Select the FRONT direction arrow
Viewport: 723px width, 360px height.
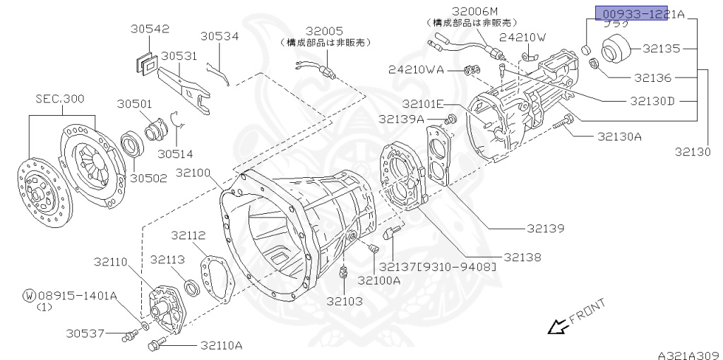coord(558,326)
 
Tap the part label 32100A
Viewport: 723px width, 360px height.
coord(378,280)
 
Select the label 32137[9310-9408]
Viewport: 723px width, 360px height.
coord(437,267)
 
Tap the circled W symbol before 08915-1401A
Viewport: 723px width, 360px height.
coord(29,295)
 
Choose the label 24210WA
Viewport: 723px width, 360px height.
coord(416,69)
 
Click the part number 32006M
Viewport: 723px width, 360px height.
coord(475,11)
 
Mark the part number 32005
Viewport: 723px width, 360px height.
coord(324,31)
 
